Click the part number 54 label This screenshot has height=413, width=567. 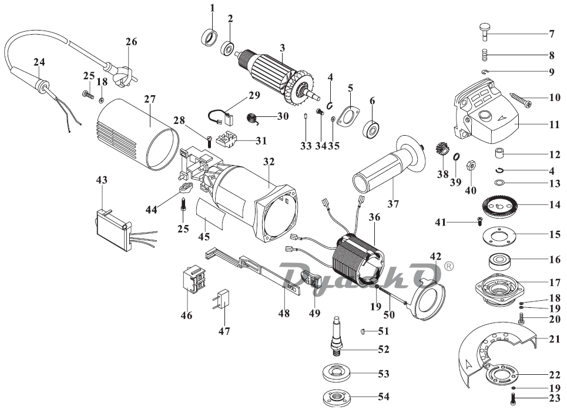(383, 397)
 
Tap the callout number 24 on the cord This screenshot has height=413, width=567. (38, 62)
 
